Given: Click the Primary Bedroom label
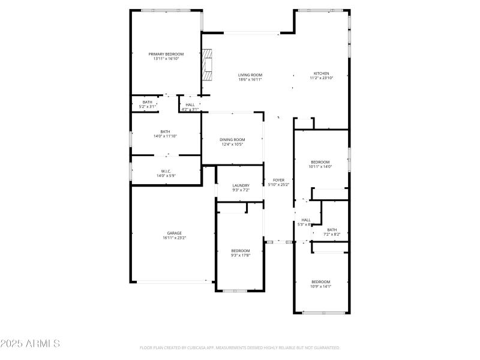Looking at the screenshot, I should pyautogui.click(x=166, y=54).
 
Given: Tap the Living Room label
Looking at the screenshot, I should pyautogui.click(x=250, y=75).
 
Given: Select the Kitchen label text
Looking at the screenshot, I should pyautogui.click(x=321, y=73).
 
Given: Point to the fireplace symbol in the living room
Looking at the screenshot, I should pyautogui.click(x=207, y=65).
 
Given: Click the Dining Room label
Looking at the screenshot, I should pyautogui.click(x=232, y=139).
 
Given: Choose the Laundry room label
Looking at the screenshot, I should pyautogui.click(x=241, y=185).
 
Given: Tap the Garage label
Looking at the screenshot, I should pyautogui.click(x=174, y=233).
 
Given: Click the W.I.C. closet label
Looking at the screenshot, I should pyautogui.click(x=166, y=171).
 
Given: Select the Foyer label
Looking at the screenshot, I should pyautogui.click(x=278, y=180).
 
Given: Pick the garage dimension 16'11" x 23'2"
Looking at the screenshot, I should pyautogui.click(x=174, y=238).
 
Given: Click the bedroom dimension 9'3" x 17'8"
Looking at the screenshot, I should pyautogui.click(x=241, y=255).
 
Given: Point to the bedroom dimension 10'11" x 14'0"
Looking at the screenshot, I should pyautogui.click(x=320, y=167).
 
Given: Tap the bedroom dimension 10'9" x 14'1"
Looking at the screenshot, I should pyautogui.click(x=320, y=286).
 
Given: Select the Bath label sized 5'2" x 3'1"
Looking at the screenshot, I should pyautogui.click(x=147, y=102).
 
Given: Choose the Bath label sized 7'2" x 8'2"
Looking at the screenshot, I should pyautogui.click(x=332, y=229).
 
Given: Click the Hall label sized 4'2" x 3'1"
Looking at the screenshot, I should pyautogui.click(x=190, y=104).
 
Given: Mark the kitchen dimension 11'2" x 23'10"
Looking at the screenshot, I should pyautogui.click(x=321, y=78).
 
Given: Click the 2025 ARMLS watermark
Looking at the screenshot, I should pyautogui.click(x=30, y=344).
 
